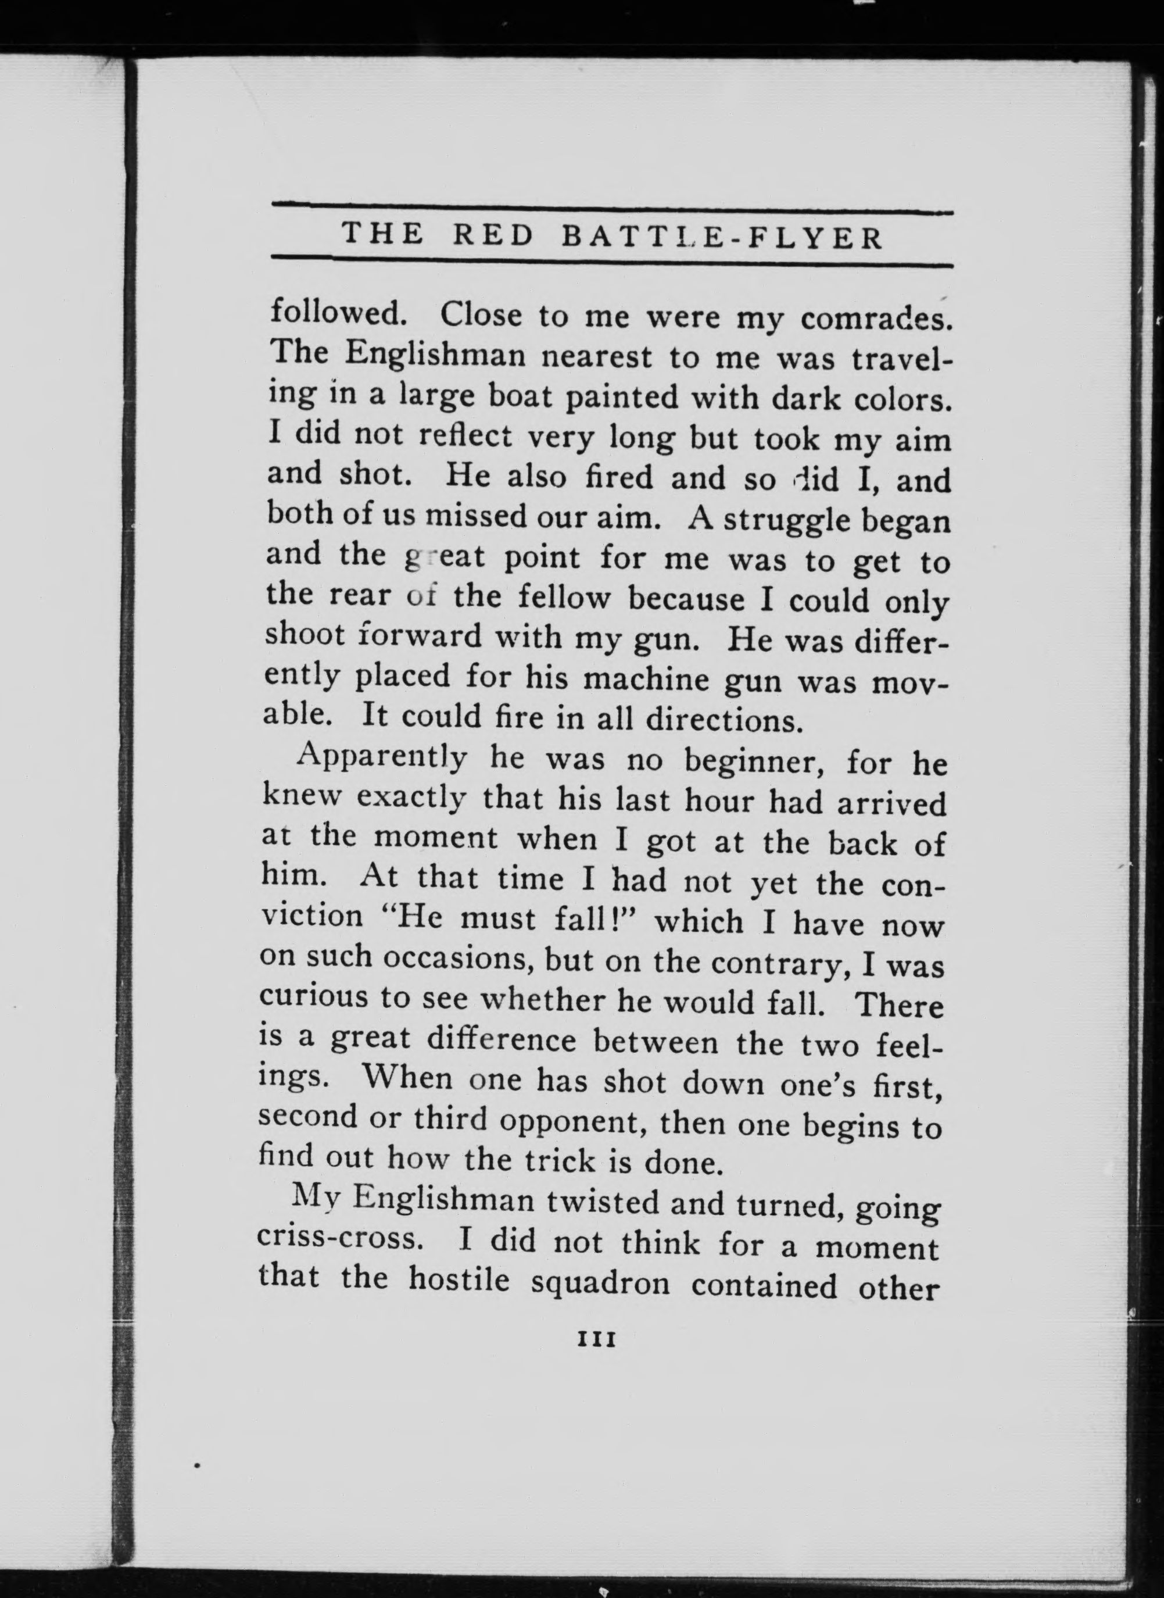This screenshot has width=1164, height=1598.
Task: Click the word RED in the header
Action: (493, 235)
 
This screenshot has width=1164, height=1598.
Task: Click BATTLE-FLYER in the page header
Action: (722, 238)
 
